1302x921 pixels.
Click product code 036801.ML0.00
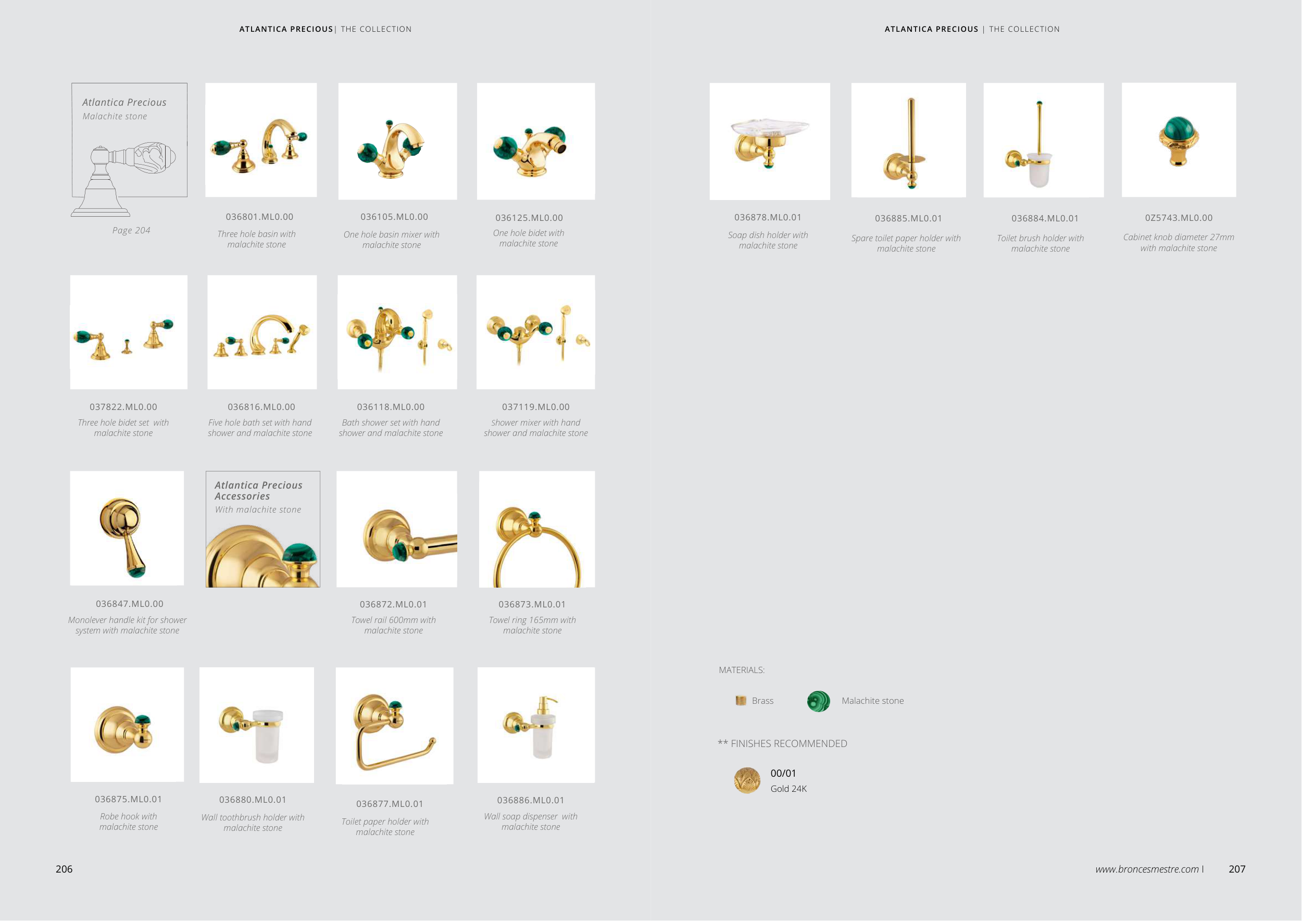(259, 217)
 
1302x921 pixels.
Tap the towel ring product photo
(537, 529)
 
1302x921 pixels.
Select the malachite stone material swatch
(818, 702)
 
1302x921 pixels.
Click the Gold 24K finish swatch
(747, 781)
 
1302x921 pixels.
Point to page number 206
(64, 869)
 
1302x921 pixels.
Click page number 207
(1237, 869)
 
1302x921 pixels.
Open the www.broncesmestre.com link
(1147, 869)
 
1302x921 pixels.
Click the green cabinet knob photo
(1179, 140)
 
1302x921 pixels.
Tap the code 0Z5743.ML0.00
(1179, 218)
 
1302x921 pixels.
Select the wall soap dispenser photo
(536, 725)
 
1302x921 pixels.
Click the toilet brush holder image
(1043, 141)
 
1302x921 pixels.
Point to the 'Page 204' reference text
(131, 230)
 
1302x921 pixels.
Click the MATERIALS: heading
(741, 670)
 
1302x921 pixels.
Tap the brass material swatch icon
(741, 701)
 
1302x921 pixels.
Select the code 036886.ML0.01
(530, 800)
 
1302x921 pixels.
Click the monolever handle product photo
(127, 529)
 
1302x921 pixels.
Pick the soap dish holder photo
(770, 142)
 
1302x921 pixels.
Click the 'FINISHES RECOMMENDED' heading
(789, 743)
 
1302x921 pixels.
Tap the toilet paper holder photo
(395, 726)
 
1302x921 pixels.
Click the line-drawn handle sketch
(123, 179)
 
